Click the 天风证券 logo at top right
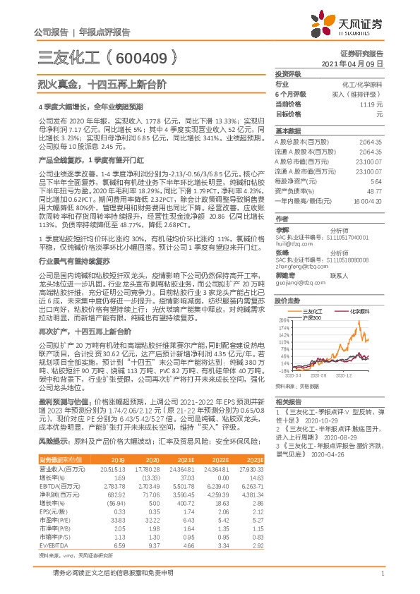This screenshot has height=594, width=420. pyautogui.click(x=349, y=25)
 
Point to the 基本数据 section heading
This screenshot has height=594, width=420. pyautogui.click(x=287, y=131)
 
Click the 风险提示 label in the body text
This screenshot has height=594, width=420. pyautogui.click(x=53, y=440)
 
